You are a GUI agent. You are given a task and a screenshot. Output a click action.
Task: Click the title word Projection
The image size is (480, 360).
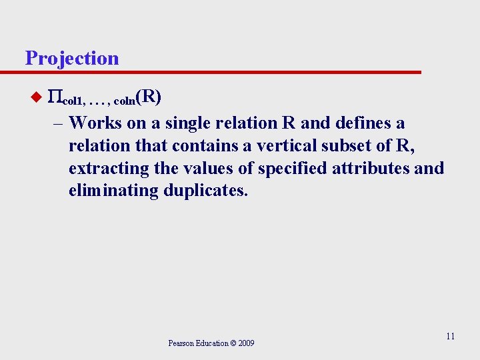click(72, 58)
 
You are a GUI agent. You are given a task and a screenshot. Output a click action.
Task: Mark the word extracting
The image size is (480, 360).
click(109, 169)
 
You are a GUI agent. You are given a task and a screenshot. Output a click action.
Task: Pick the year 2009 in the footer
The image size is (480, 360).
click(245, 343)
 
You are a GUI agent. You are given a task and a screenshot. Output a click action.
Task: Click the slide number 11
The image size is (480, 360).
click(450, 336)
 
